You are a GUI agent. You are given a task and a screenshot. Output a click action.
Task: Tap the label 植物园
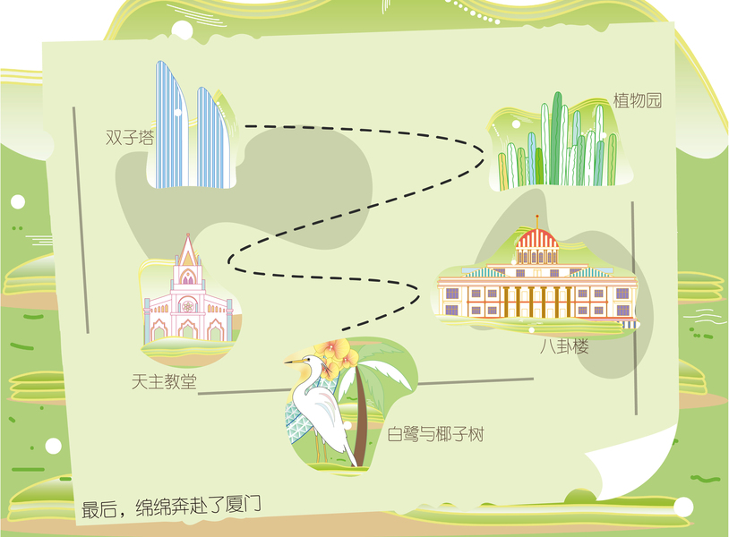point(637,100)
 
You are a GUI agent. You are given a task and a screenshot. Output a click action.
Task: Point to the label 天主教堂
point(164,381)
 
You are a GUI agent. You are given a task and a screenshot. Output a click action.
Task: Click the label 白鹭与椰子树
point(435,435)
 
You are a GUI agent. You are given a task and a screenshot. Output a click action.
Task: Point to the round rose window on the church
point(187,305)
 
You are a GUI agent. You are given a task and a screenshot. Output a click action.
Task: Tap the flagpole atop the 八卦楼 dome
point(537,221)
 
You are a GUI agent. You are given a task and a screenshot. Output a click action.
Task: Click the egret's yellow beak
point(294,362)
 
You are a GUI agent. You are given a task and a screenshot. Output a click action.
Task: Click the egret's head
point(312,362)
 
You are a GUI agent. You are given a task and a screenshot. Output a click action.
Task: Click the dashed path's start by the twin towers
point(245,126)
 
